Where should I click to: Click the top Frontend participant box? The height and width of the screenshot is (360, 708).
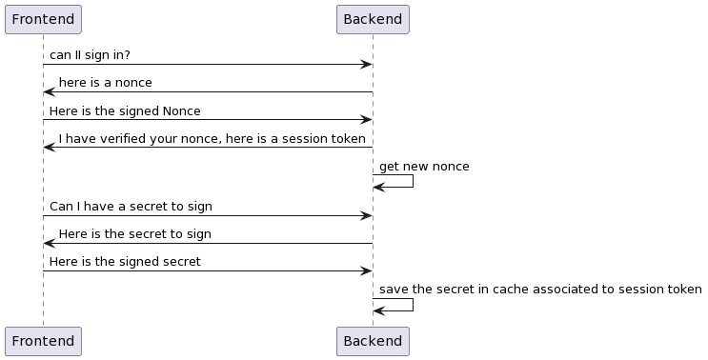pyautogui.click(x=43, y=19)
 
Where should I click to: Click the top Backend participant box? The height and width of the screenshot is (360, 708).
pyautogui.click(x=373, y=19)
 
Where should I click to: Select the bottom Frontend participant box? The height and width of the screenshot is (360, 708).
pyautogui.click(x=43, y=341)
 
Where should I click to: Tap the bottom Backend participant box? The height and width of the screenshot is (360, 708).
pyautogui.click(x=373, y=341)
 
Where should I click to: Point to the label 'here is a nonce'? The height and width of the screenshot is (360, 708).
pyautogui.click(x=105, y=83)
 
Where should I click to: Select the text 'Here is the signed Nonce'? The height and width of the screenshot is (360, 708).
pyautogui.click(x=125, y=110)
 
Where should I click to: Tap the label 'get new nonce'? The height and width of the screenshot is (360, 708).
pyautogui.click(x=424, y=167)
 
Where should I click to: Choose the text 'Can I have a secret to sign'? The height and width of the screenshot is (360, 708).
pyautogui.click(x=131, y=206)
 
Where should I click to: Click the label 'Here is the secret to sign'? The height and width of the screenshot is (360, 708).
pyautogui.click(x=134, y=233)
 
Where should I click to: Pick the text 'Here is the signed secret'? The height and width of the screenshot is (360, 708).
pyautogui.click(x=125, y=261)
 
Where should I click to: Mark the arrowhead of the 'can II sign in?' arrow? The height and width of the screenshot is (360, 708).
pyautogui.click(x=366, y=65)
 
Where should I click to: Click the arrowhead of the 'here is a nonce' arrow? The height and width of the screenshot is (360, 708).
pyautogui.click(x=50, y=92)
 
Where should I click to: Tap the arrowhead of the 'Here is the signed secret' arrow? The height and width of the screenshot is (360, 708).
pyautogui.click(x=366, y=271)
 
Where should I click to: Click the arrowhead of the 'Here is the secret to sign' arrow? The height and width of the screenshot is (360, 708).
pyautogui.click(x=50, y=244)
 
